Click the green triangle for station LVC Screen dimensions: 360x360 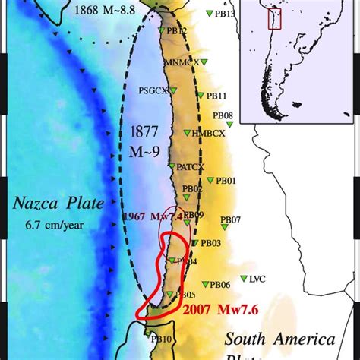click(x=243, y=279)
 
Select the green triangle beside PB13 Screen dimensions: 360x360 click(x=209, y=14)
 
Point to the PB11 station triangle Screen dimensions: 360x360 click(x=200, y=96)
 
